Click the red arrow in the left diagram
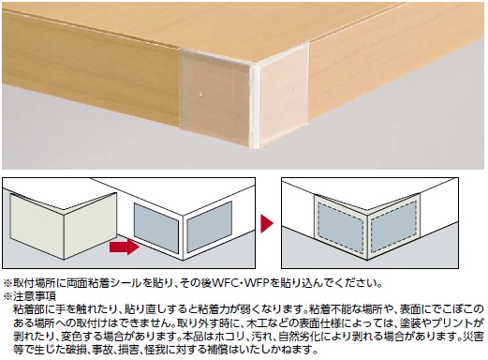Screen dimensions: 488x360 [125, 247]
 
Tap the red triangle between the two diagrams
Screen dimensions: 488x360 [267, 223]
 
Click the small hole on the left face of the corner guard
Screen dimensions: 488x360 [202, 93]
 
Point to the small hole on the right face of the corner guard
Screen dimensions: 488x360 [294, 91]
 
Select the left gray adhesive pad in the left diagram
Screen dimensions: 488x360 [156, 228]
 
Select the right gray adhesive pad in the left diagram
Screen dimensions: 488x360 [209, 227]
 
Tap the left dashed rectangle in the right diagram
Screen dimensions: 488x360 [341, 228]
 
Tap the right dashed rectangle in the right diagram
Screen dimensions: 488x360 [394, 225]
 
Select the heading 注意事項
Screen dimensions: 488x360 [35, 295]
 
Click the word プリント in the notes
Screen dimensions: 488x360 [449, 322]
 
